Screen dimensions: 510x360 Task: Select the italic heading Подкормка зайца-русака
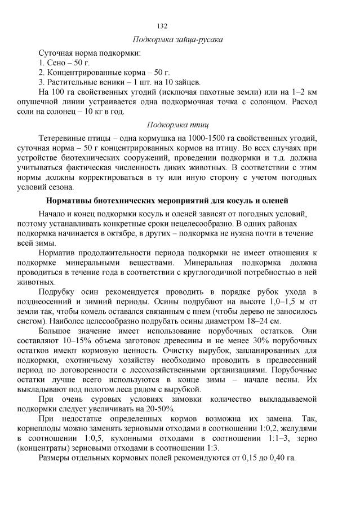[x=177, y=39]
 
